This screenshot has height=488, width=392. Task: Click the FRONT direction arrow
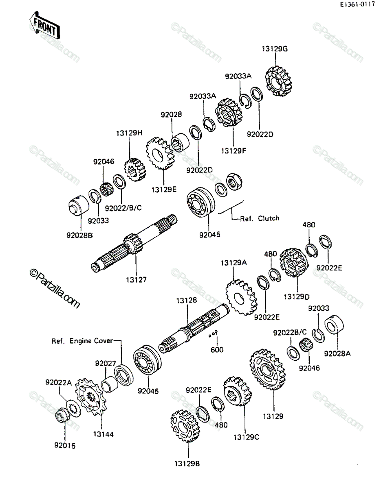[x=44, y=25]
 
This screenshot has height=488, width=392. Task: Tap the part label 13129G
[x=275, y=49]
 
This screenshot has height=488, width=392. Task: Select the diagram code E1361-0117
[x=357, y=4]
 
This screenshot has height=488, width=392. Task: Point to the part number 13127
[x=137, y=280]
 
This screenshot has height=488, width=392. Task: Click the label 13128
[x=187, y=300]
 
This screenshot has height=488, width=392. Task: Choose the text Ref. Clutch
[x=260, y=218]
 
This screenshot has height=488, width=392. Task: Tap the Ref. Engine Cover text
[x=82, y=341]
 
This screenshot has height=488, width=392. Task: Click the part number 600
[x=217, y=349]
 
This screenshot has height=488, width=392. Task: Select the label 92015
[x=65, y=446]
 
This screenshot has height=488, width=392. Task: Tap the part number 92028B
[x=79, y=235]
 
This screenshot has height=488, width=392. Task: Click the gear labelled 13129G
[x=279, y=81]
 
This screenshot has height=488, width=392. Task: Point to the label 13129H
[x=129, y=133]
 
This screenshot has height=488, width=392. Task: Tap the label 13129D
[x=297, y=296]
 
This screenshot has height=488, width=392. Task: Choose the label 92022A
[x=58, y=382]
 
